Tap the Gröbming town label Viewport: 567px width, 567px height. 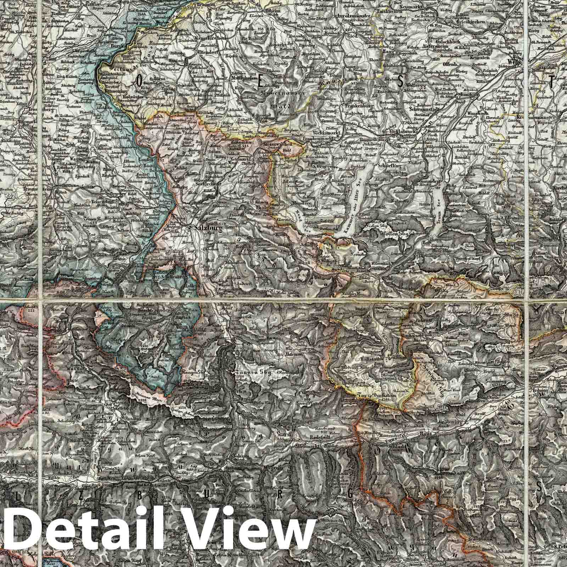coord(461,422)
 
